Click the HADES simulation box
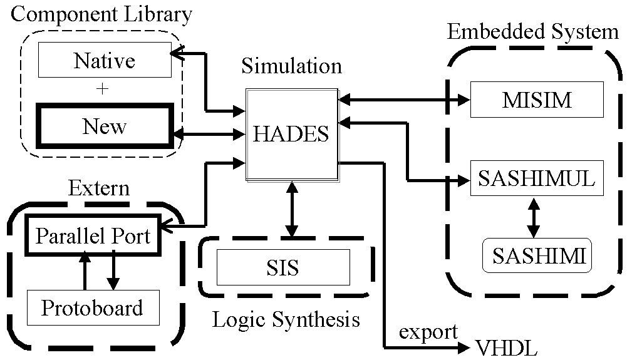point(291,134)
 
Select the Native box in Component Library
point(104,61)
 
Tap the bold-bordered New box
point(104,126)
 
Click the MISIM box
point(537,100)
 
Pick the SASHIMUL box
point(536,178)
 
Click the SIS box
point(282,267)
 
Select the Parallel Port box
point(93,236)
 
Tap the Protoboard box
point(92,307)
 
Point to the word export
point(428,331)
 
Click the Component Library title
point(101,14)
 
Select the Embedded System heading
point(532,32)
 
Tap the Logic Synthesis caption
point(286,320)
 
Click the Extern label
point(98,188)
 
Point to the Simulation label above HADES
point(291,66)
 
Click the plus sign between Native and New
point(103,89)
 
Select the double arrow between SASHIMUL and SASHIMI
point(534,217)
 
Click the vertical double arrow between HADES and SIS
point(290,210)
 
